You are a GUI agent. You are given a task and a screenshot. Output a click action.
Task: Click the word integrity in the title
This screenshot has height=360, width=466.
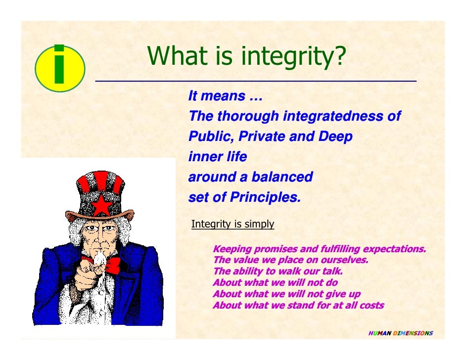(290, 57)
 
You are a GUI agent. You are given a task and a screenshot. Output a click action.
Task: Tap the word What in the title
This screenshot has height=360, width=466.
(177, 57)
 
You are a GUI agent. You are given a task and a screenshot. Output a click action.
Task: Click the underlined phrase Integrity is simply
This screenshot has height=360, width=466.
(233, 224)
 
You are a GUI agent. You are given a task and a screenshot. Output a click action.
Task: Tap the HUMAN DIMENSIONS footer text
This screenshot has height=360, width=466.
(401, 333)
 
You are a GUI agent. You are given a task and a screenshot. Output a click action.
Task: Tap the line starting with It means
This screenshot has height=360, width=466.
(225, 96)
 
